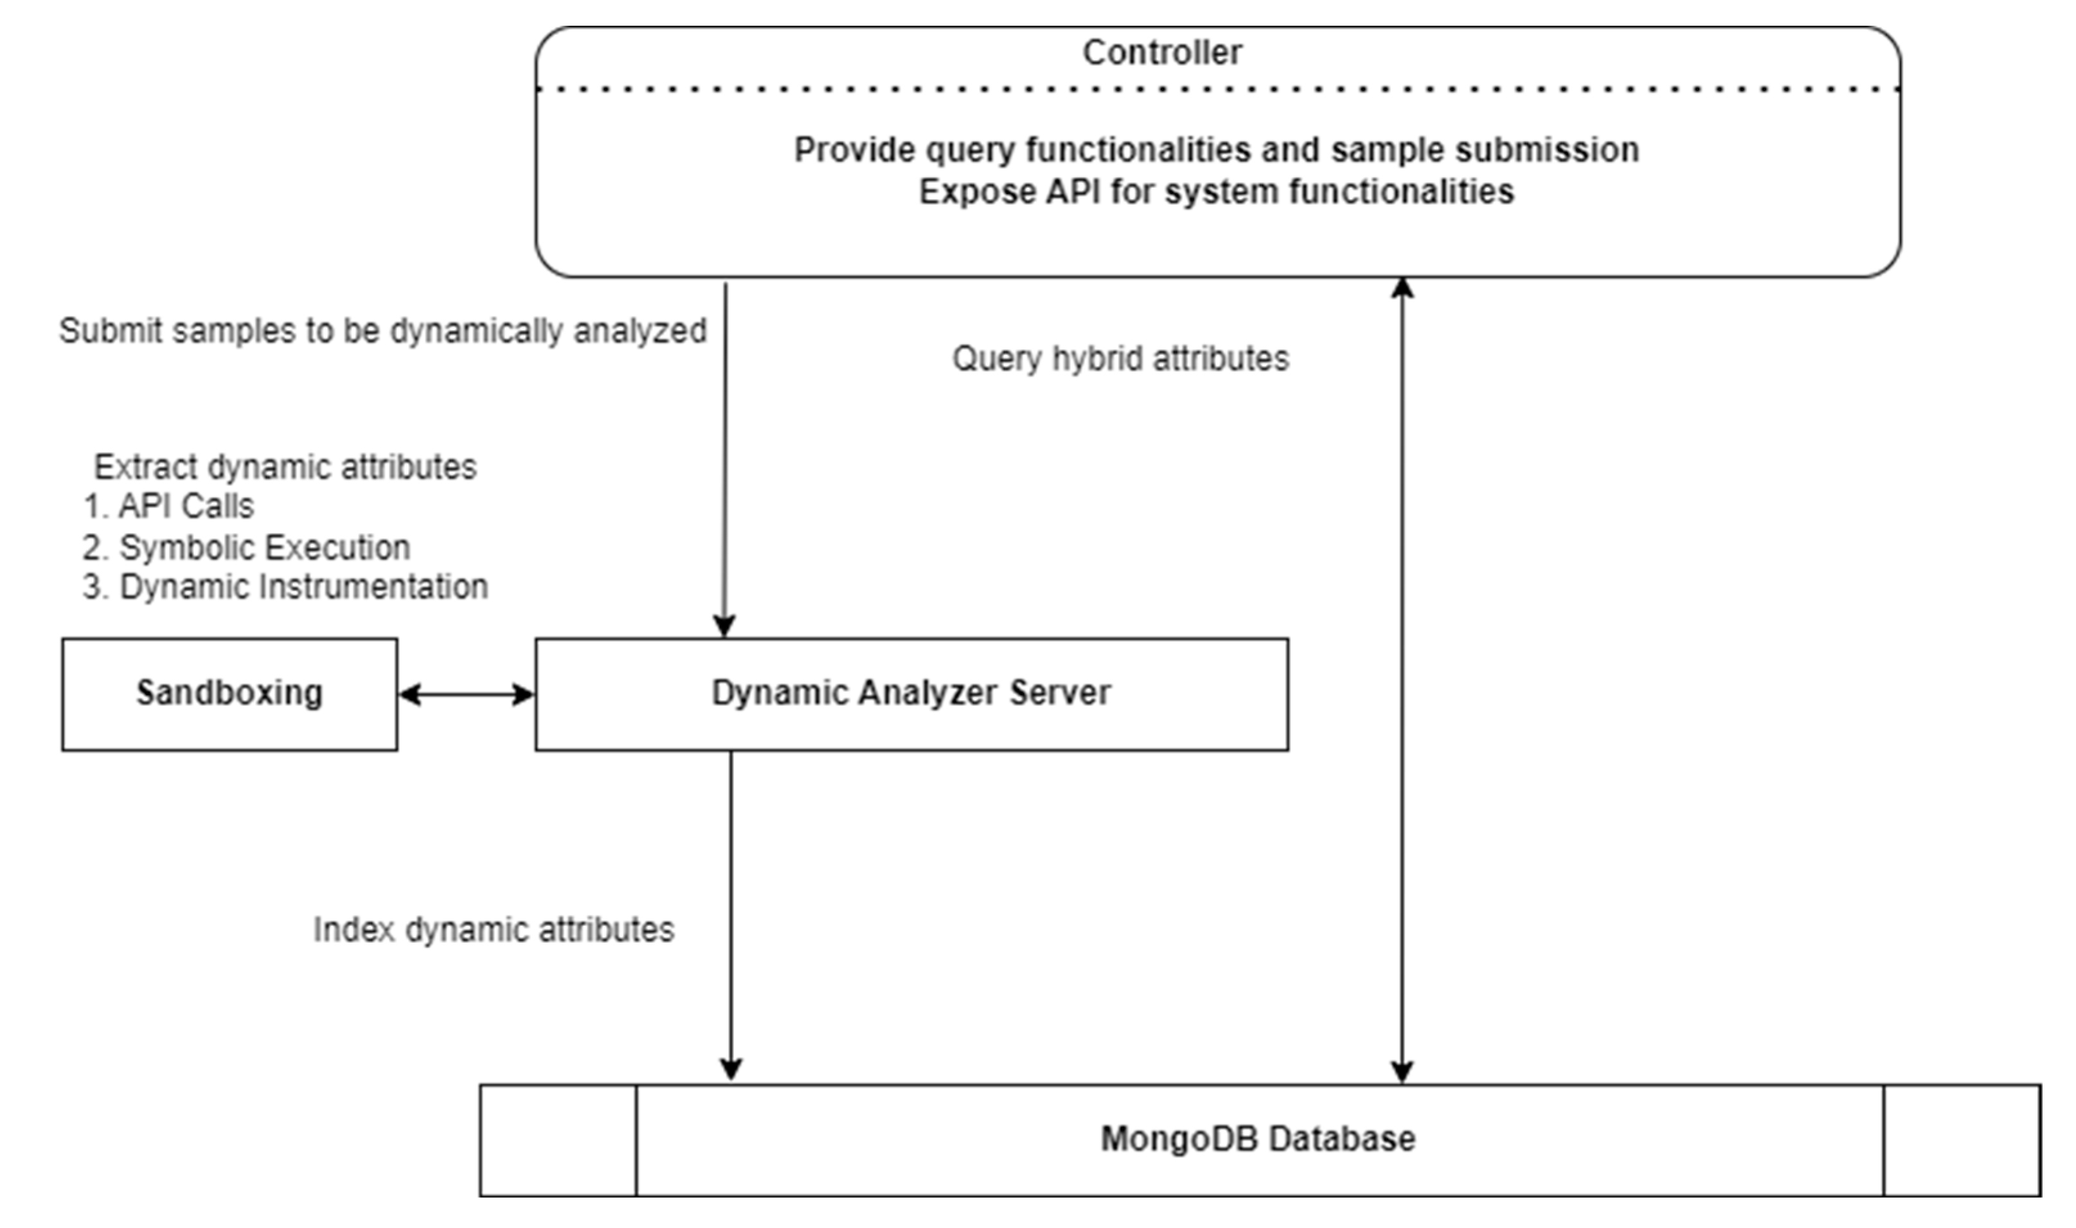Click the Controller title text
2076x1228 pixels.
coord(1162,53)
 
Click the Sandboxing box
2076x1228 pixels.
coord(229,694)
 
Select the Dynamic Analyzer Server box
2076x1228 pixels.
coord(911,694)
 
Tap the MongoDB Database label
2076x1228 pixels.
coord(1257,1139)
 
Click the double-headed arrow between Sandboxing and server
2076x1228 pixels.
coord(465,694)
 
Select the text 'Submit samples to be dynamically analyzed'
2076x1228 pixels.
coord(382,330)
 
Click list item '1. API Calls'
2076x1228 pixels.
coord(169,505)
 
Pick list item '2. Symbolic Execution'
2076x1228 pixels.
coord(246,547)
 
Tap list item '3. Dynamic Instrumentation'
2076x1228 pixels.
coord(285,587)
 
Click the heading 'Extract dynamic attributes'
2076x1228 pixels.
coord(285,467)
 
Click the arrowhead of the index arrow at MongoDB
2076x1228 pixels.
coord(731,1069)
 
